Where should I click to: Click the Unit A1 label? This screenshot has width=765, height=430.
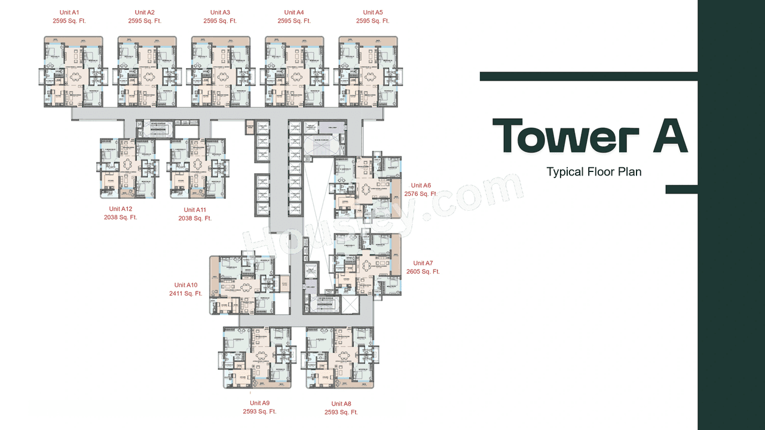coord(69,13)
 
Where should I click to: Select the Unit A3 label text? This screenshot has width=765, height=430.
coord(220,13)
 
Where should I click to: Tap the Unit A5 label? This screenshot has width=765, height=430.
coord(372,13)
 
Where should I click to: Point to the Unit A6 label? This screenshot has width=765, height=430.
coord(421,186)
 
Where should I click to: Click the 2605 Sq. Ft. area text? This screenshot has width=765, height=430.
coord(423,272)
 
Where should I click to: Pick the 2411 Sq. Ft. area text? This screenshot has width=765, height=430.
coord(185,294)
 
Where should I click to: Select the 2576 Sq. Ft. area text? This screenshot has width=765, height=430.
coord(421,194)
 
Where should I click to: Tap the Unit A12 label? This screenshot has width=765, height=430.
coord(120,209)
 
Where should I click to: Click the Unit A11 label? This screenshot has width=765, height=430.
coord(195,210)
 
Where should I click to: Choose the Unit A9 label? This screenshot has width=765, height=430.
coord(259,403)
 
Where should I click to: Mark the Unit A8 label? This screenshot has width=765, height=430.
coord(341,404)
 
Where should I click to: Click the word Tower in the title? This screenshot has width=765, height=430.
coord(558,137)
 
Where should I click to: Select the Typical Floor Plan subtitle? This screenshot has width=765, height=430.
coord(593,172)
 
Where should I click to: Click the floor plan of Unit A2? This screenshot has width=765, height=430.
coord(148,72)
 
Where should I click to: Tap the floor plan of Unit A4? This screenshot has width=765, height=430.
coord(295,72)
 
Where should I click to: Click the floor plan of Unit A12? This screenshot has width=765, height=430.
coord(128,168)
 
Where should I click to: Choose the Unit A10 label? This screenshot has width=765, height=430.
coord(186,285)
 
